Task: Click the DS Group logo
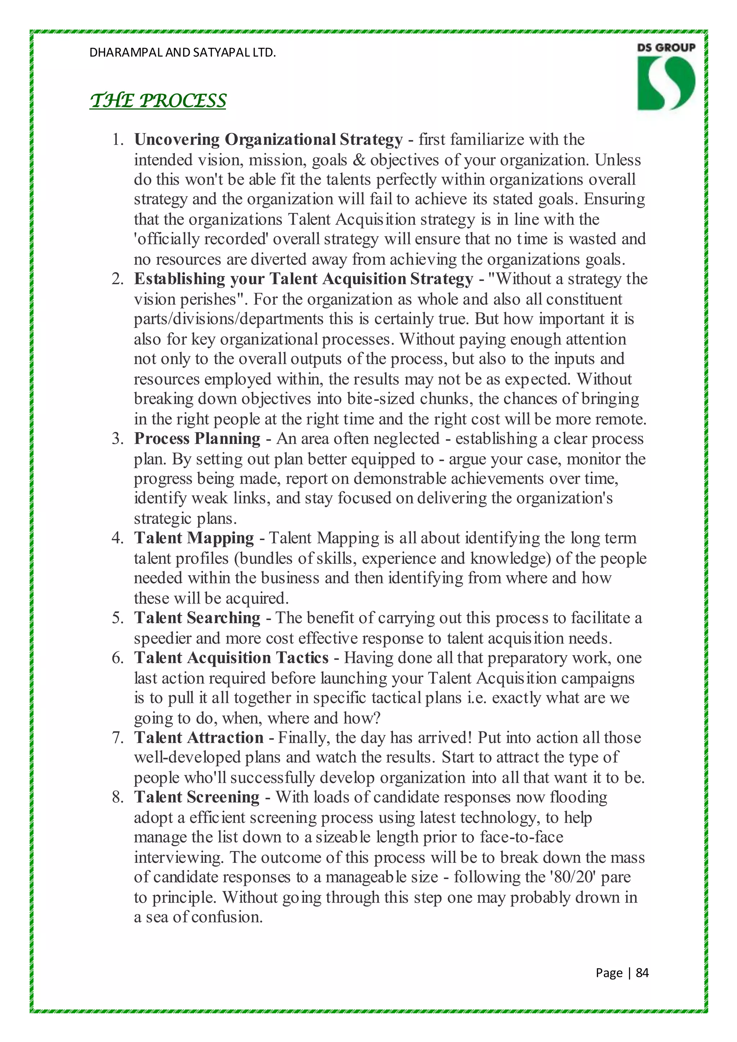(x=666, y=77)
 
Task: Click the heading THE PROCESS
(x=158, y=100)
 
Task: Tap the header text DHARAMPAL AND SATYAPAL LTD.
(x=182, y=53)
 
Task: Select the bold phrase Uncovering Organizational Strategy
(x=268, y=140)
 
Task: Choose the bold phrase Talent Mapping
(x=194, y=538)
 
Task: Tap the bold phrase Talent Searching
(x=197, y=618)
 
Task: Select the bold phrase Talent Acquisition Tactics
(x=231, y=658)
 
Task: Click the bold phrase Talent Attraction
(x=199, y=738)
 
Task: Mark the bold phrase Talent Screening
(x=196, y=797)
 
